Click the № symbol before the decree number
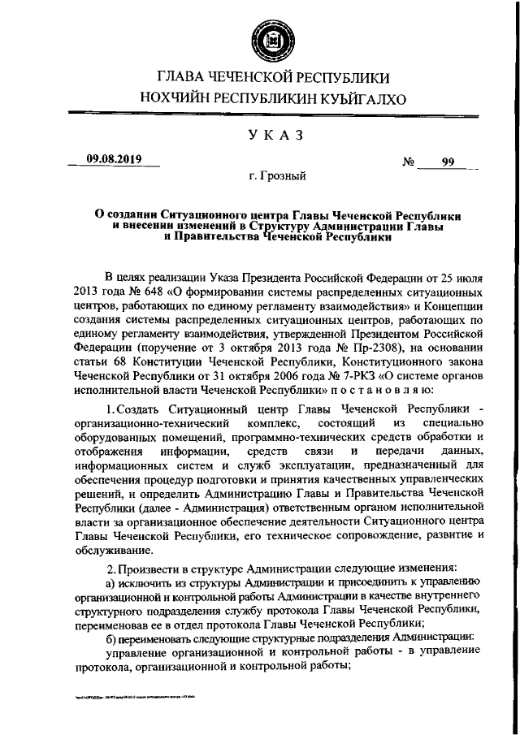tap(409, 162)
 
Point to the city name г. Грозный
tap(277, 175)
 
